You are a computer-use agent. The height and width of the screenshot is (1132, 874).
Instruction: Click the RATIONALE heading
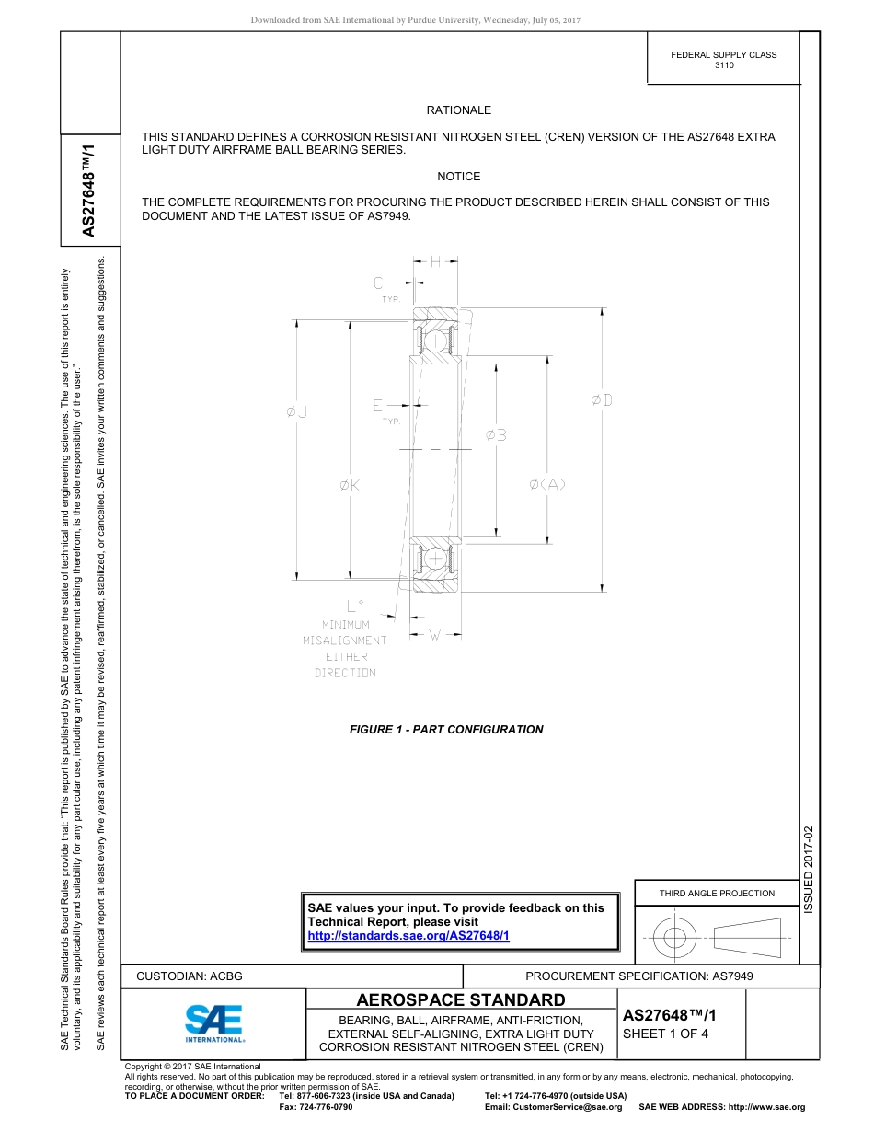tap(458, 110)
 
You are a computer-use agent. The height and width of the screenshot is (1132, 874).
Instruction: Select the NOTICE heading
tap(458, 177)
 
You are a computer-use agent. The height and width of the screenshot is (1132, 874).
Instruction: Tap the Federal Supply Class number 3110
tap(723, 66)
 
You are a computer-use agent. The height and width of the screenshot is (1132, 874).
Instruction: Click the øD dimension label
tap(602, 400)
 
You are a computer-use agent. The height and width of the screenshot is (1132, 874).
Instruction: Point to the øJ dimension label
tap(296, 413)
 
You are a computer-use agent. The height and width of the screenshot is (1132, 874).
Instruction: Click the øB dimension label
tap(496, 435)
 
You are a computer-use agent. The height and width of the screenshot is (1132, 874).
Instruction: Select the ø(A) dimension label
tap(547, 485)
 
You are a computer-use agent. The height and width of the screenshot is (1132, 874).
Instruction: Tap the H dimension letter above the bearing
tap(435, 261)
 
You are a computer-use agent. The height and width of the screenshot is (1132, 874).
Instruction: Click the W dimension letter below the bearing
tap(434, 634)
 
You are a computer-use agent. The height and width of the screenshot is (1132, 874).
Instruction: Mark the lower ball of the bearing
tap(434, 558)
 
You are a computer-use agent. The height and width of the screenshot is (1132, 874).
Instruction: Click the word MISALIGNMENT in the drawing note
tap(345, 641)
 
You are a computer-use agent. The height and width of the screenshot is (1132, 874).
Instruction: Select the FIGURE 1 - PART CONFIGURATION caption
tap(446, 730)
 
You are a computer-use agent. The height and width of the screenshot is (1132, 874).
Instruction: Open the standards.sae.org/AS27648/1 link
tap(408, 935)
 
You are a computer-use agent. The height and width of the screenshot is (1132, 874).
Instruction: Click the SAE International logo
tap(214, 1022)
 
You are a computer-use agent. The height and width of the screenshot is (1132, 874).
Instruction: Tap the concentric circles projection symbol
tap(675, 939)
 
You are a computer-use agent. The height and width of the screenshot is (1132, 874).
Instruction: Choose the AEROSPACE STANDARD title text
tap(461, 1000)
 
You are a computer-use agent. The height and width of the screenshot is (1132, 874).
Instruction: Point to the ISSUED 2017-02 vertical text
tap(809, 870)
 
